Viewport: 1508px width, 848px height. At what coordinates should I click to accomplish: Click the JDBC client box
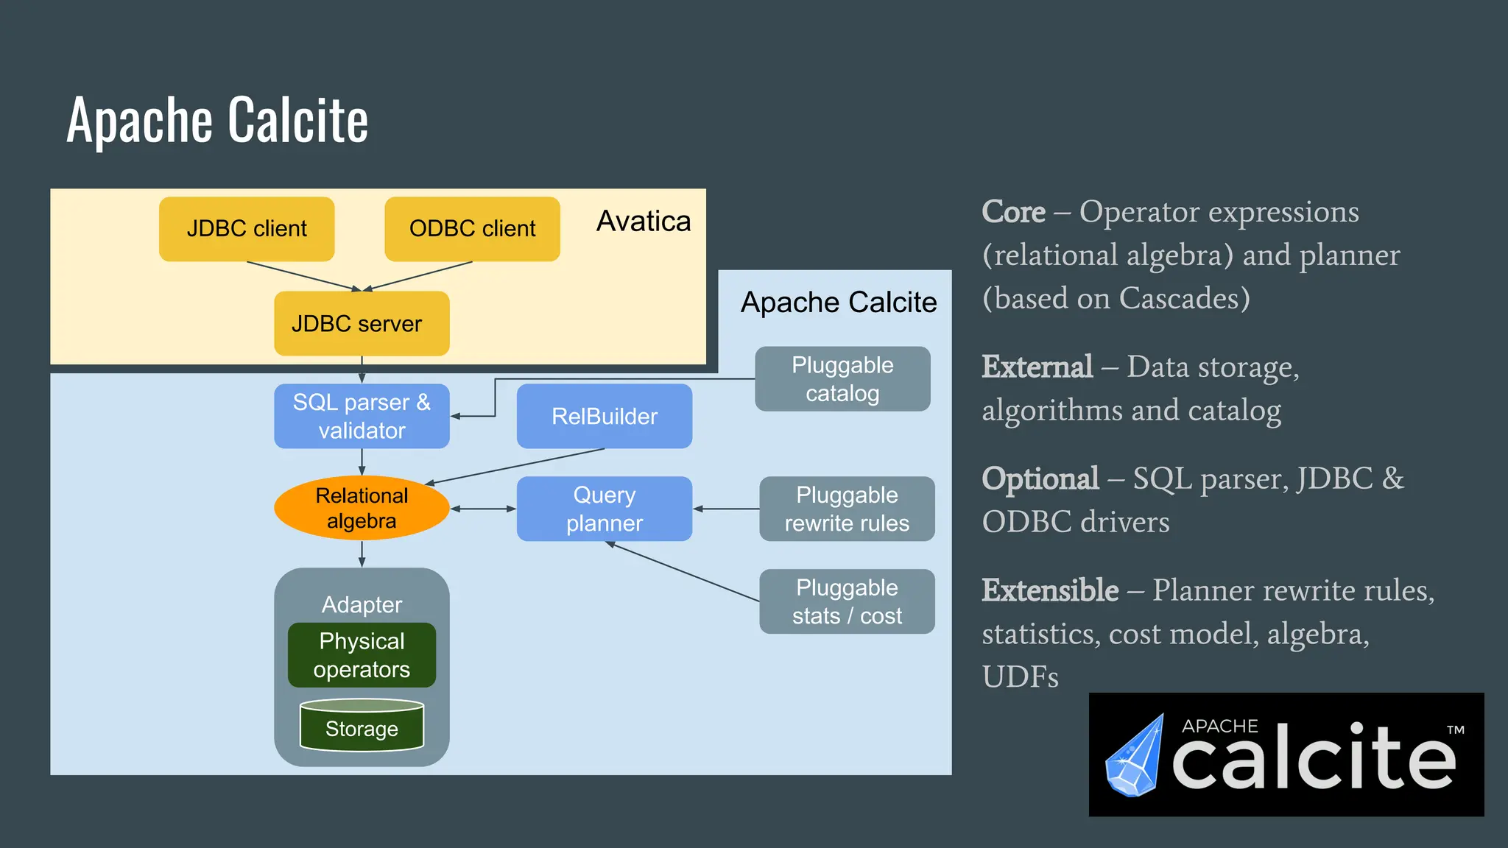coord(247,229)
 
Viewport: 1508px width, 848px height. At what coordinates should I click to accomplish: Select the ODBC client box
coord(472,229)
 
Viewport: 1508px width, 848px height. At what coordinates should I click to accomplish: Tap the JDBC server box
coord(362,323)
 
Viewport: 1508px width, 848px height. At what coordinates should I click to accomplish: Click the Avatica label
coord(643,221)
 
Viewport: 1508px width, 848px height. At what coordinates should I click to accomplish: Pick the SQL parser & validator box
coord(362,416)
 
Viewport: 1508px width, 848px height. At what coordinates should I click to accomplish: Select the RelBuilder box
coord(604,416)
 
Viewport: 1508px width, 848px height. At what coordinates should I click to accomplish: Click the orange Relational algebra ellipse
coord(362,508)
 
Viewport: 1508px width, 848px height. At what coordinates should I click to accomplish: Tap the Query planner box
coord(604,509)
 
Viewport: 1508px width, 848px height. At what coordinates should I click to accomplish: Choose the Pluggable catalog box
coord(842,379)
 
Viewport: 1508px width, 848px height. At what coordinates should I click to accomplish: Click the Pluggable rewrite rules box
coord(847,509)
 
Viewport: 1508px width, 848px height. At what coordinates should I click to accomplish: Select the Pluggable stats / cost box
coord(847,601)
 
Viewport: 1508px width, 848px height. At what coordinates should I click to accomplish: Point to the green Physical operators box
coord(362,655)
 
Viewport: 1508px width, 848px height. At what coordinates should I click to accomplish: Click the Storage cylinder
coord(362,727)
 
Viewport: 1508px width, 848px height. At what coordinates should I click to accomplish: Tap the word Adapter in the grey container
coord(362,604)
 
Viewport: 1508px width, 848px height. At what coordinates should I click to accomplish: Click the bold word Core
coord(1013,212)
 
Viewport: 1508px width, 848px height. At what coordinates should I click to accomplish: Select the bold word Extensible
coord(1050,590)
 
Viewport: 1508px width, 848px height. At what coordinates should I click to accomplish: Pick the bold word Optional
coord(1040,478)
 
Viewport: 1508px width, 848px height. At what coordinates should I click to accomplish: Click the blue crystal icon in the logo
coord(1135,758)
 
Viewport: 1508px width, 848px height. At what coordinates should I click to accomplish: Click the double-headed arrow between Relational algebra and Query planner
coord(483,509)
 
